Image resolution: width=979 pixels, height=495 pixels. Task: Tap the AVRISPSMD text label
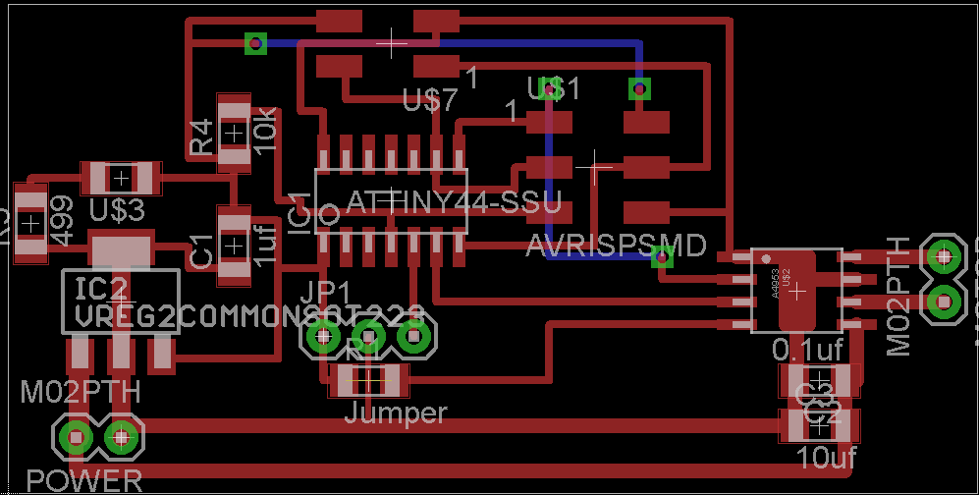616,246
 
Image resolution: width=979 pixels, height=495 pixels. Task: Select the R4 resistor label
201,137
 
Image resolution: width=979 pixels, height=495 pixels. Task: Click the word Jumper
395,413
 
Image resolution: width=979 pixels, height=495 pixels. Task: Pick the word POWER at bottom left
84,481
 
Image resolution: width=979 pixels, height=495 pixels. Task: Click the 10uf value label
821,457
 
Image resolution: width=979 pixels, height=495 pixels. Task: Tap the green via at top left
255,43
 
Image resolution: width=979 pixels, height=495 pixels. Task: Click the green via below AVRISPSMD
663,258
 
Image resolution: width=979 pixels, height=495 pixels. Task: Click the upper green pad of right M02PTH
944,256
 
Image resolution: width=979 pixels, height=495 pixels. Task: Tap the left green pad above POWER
75,434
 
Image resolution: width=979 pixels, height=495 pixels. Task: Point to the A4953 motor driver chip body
796,290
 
